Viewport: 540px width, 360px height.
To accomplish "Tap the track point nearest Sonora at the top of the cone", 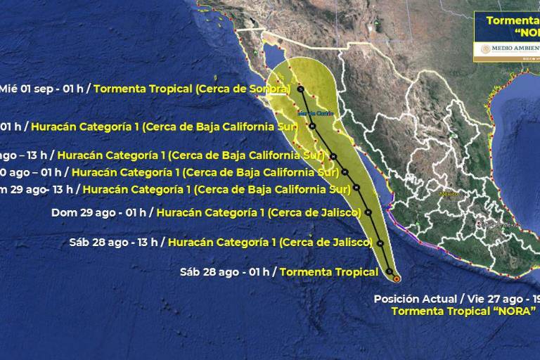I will tap(300, 89).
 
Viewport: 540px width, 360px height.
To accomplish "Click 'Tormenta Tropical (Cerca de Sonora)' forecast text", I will tap(191, 89).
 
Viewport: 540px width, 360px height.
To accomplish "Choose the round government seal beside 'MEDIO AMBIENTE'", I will tap(485, 49).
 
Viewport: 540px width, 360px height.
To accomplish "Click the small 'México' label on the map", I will tap(448, 193).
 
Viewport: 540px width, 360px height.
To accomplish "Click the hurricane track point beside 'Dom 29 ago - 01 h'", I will tap(368, 212).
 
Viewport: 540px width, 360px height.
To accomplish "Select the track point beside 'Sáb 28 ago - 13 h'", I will tap(379, 243).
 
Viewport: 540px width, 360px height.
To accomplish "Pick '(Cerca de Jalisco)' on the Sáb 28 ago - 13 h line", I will tap(325, 242).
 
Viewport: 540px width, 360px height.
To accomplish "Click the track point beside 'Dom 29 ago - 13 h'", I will tap(357, 188).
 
